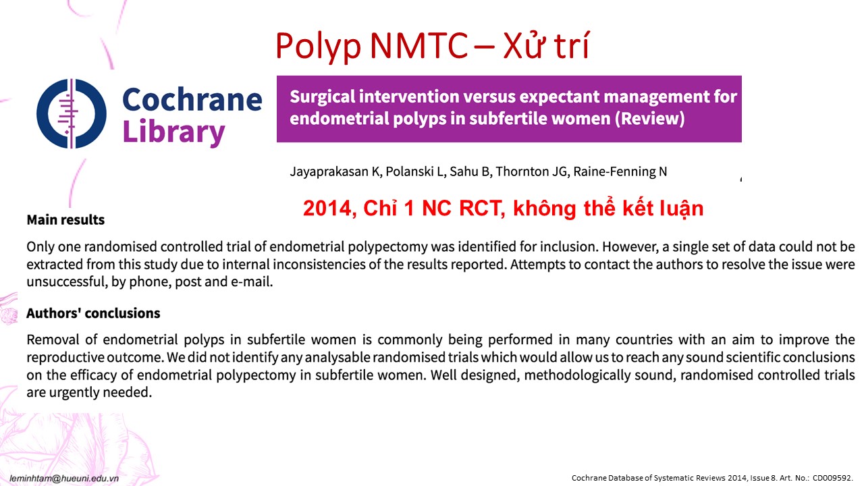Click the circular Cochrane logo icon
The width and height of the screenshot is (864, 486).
72,113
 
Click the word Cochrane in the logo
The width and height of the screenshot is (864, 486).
192,99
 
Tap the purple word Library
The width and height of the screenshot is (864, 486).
173,132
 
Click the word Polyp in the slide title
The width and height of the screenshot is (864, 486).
318,47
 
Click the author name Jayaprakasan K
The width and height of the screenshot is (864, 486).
336,171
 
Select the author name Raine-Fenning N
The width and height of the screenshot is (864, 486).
620,171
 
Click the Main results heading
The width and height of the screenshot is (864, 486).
65,220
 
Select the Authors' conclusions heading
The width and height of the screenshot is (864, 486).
93,313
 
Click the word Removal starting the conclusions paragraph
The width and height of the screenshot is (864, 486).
53,340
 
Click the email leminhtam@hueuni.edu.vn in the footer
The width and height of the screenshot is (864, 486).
64,479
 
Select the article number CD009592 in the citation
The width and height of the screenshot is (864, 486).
832,478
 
